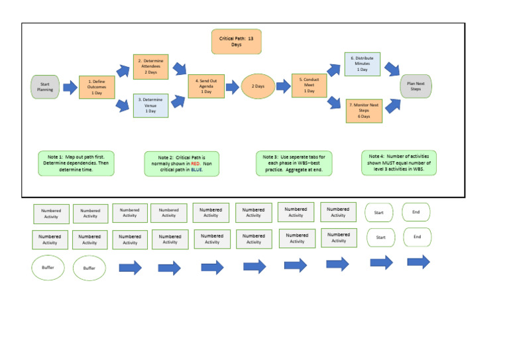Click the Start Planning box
pos(45,87)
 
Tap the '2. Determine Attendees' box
pos(151,66)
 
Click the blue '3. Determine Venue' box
pos(150,105)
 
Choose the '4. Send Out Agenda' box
pos(207,86)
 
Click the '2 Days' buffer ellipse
pos(258,86)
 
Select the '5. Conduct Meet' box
pos(310,86)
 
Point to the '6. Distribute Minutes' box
pos(362,64)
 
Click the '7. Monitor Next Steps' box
pos(364,110)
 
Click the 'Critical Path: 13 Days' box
pos(237,41)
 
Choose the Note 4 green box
pos(400,162)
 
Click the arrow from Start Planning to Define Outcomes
pos(70,88)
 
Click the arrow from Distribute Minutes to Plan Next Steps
pos(392,69)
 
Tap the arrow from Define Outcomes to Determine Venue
pos(123,104)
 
